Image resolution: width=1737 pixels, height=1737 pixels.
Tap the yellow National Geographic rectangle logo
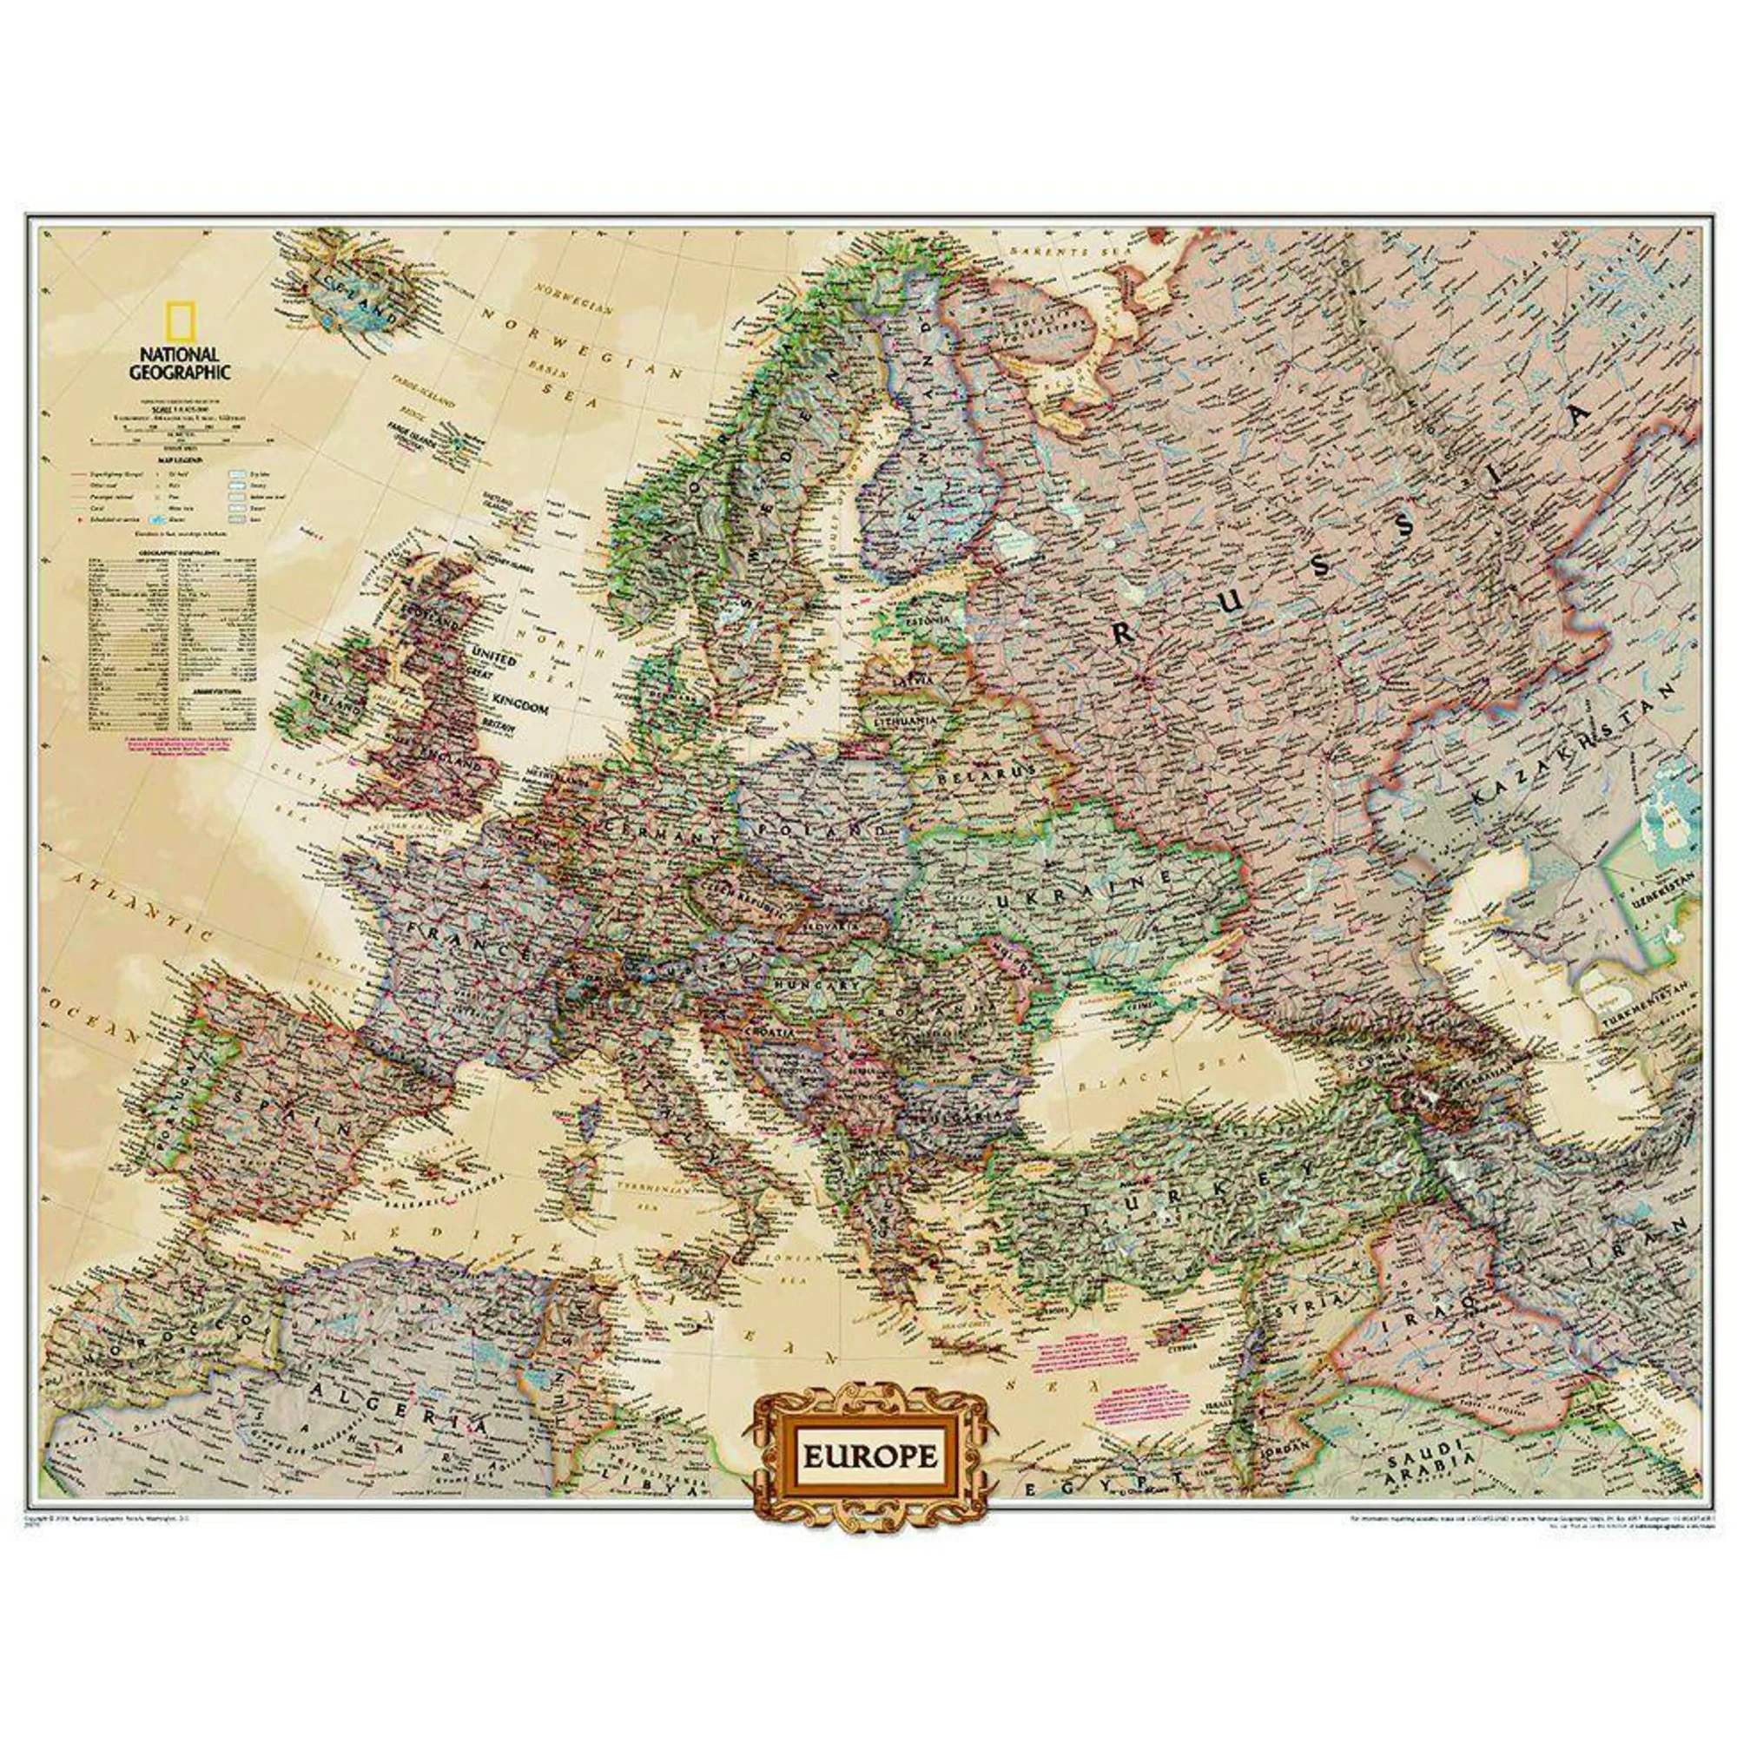pos(184,320)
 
